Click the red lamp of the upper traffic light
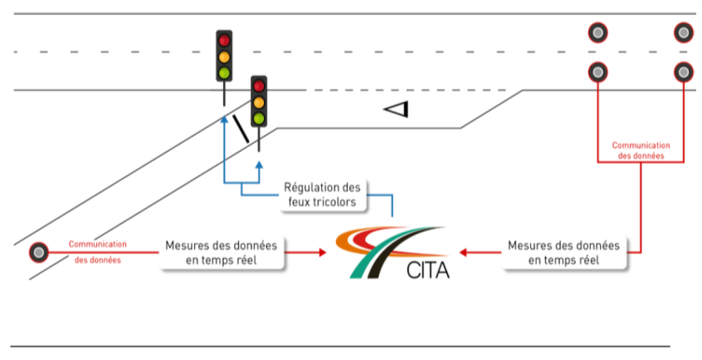224,40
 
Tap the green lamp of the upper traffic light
224,73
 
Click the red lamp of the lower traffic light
259,86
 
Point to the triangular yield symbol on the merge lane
397,108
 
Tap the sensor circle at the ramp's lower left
38,252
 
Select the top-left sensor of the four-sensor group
598,32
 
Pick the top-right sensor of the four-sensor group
683,32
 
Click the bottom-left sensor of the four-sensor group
598,72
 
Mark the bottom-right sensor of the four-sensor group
683,72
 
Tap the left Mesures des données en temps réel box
221,253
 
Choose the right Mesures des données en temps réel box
563,253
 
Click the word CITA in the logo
428,269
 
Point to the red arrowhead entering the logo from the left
323,252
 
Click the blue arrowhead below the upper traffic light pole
224,119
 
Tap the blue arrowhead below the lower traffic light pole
259,165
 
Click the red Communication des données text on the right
641,151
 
